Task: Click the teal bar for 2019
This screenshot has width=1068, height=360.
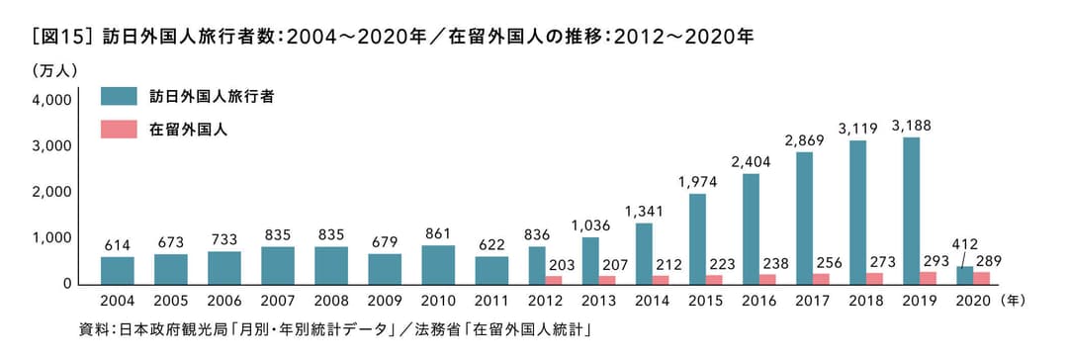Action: click(x=912, y=211)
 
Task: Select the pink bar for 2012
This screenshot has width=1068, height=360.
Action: click(x=554, y=280)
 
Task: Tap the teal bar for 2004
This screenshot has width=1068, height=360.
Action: click(x=118, y=270)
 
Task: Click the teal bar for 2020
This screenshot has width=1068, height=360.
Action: click(x=965, y=275)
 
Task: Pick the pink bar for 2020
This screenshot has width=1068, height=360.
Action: click(x=982, y=278)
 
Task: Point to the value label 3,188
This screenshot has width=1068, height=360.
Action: click(x=911, y=126)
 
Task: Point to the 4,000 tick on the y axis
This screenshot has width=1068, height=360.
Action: click(x=51, y=100)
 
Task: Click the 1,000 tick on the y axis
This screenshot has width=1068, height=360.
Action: click(x=51, y=238)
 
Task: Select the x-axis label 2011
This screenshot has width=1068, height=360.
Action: click(x=491, y=301)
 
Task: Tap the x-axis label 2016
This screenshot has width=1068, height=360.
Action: click(x=758, y=301)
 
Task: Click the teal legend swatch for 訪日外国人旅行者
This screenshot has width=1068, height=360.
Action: click(x=119, y=97)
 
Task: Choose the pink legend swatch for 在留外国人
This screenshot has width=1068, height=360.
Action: click(x=119, y=130)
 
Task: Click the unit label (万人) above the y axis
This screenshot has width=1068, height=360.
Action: click(x=54, y=71)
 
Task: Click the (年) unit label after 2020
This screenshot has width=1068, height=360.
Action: click(x=1015, y=301)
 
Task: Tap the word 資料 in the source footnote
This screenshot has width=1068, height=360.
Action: click(x=92, y=327)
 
